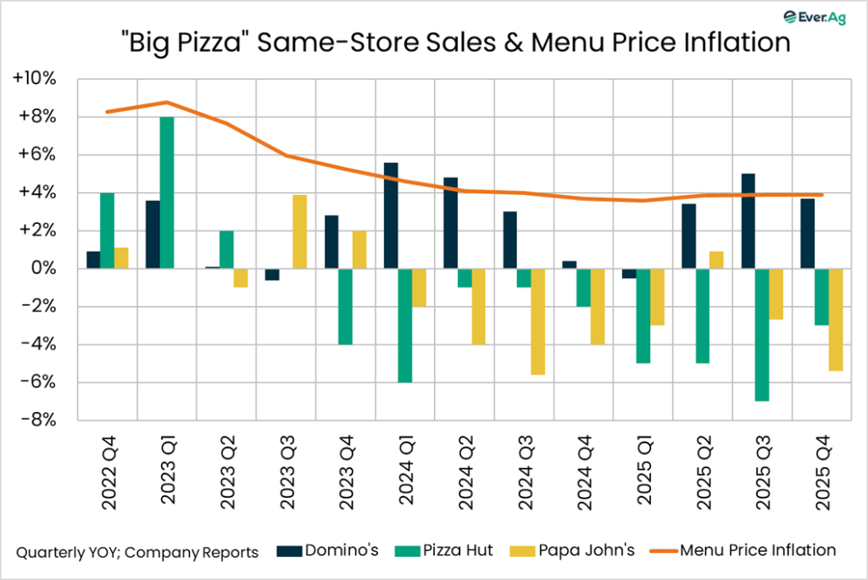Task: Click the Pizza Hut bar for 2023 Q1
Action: tap(167, 192)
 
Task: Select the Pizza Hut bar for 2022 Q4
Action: tap(107, 231)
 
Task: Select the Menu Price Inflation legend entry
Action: tap(744, 551)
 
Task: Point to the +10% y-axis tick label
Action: tap(36, 79)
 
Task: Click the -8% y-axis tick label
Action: tap(39, 421)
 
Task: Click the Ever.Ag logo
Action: tap(818, 17)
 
